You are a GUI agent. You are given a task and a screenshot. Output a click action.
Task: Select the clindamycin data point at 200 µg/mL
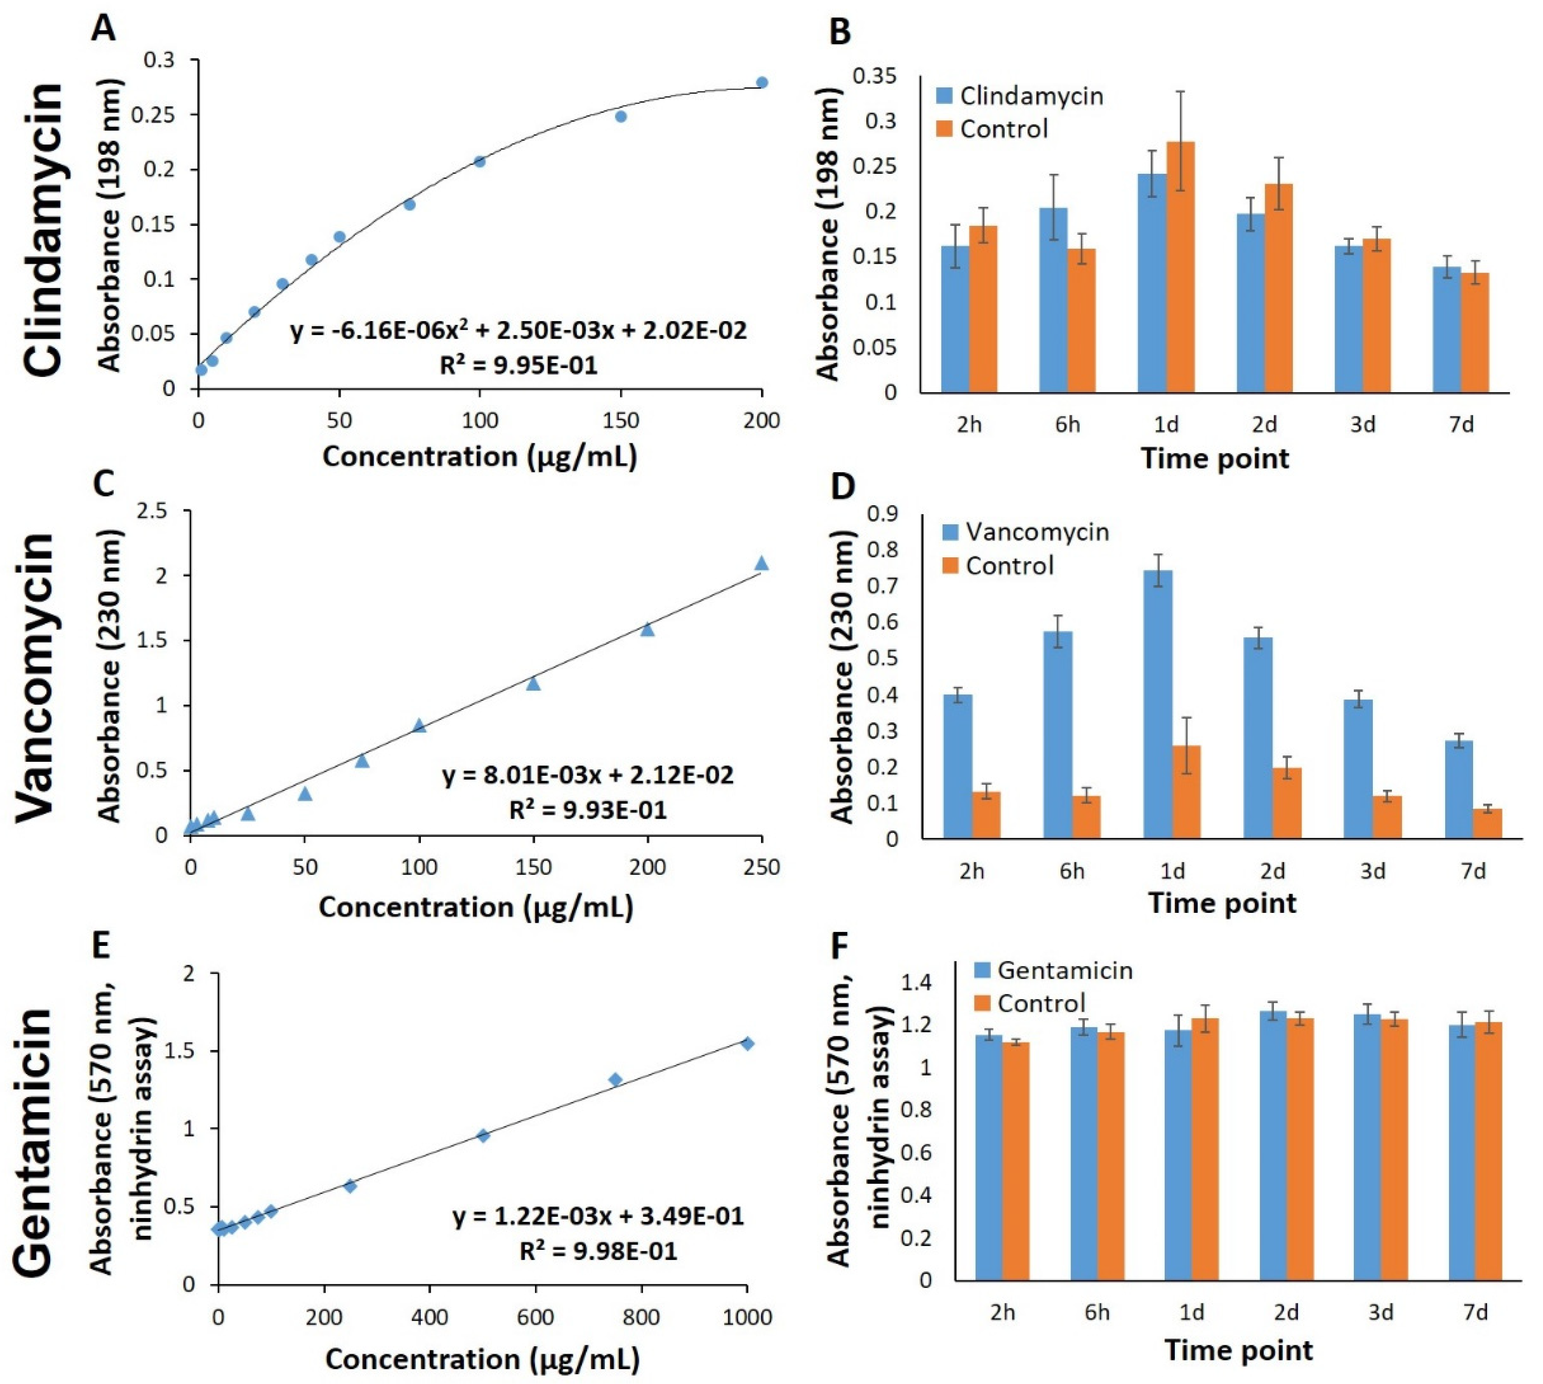pos(761,82)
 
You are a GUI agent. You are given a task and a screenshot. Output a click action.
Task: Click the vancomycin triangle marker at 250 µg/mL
pos(761,563)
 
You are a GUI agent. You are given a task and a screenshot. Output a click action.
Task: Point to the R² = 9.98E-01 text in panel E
pos(598,1251)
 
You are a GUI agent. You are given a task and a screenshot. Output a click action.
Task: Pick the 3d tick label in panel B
pos(1363,424)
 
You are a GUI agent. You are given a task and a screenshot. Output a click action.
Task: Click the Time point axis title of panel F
pos(1238,1350)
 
